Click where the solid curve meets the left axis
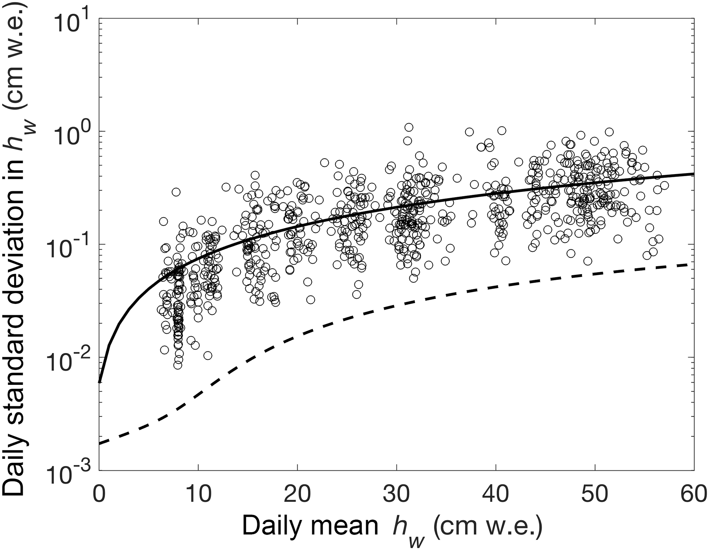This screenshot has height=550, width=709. click(x=99, y=382)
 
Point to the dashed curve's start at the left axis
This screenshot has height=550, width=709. click(x=99, y=444)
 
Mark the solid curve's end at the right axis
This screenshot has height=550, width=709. click(x=694, y=174)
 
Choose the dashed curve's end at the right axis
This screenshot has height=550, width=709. click(x=694, y=265)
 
